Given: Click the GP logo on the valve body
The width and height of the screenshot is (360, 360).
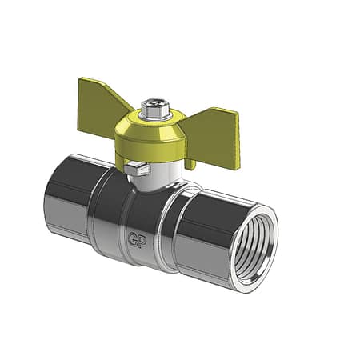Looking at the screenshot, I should [138, 238].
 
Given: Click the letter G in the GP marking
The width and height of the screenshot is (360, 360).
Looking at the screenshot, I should [134, 238].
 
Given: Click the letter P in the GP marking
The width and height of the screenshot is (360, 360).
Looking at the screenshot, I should [142, 241].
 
